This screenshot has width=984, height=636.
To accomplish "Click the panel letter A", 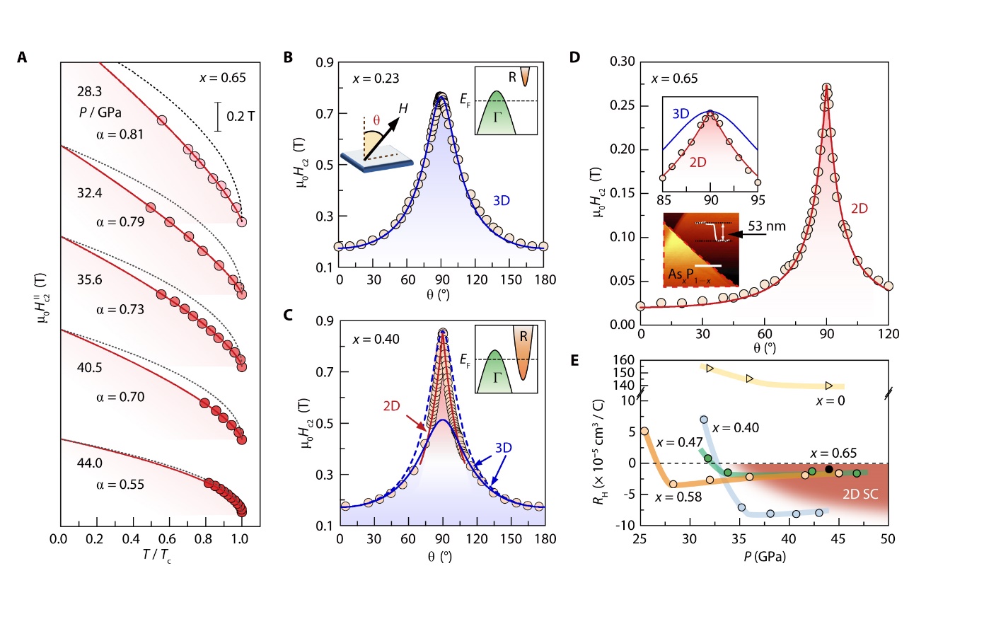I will [22, 57].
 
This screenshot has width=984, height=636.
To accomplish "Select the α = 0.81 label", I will [120, 134].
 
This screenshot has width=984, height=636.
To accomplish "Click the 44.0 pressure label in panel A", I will [90, 463].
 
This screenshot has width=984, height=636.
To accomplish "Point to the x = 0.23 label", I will [376, 79].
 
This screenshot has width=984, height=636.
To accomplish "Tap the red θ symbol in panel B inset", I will [376, 120].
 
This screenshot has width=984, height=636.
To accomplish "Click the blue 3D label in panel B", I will [501, 201].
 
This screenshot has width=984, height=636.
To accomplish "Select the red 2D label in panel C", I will [391, 406].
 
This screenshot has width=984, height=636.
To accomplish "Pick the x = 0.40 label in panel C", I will [376, 340].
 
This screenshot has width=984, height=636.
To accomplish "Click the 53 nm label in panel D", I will [767, 226].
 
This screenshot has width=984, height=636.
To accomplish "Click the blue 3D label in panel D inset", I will [681, 114].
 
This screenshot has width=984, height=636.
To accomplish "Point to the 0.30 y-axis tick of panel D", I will [623, 62].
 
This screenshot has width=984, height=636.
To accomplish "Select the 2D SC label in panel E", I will [860, 495].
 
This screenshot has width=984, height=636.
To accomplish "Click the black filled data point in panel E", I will [829, 470].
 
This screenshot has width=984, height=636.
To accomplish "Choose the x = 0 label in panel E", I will [830, 401].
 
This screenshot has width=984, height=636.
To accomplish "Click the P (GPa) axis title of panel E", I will [764, 557].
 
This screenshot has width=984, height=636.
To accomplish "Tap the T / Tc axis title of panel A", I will [156, 555].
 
